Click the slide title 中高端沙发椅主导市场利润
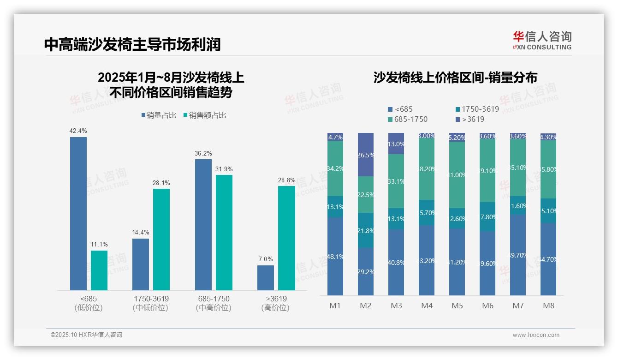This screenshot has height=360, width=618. (132, 44)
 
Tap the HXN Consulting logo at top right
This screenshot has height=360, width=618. (542, 41)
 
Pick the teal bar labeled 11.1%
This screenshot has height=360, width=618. (99, 270)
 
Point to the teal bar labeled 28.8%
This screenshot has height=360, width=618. (286, 238)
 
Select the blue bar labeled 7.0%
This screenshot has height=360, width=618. (266, 277)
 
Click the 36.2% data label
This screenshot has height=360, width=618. (203, 153)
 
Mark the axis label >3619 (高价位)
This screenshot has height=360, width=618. (275, 303)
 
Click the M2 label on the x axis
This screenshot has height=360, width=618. (366, 306)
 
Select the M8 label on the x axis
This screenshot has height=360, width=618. (548, 306)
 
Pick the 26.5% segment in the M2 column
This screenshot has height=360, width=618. (366, 155)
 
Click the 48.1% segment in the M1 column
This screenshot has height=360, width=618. (335, 256)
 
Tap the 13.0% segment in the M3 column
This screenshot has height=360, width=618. (396, 144)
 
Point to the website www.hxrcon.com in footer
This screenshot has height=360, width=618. (536, 335)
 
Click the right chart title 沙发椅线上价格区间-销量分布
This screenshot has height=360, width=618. (455, 78)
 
